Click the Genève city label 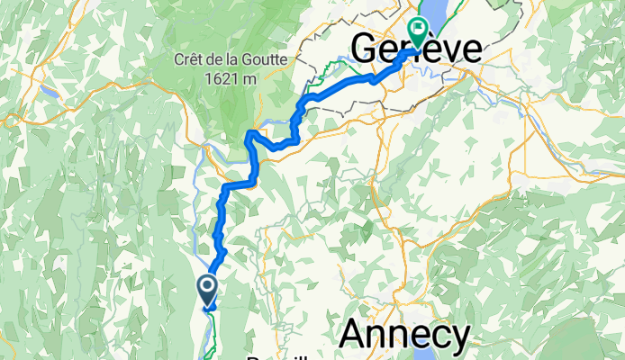coord(416,50)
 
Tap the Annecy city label coord(404,335)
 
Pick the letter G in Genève coord(367,50)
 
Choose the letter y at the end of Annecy coord(457,338)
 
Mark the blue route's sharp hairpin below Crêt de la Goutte coord(250,136)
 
